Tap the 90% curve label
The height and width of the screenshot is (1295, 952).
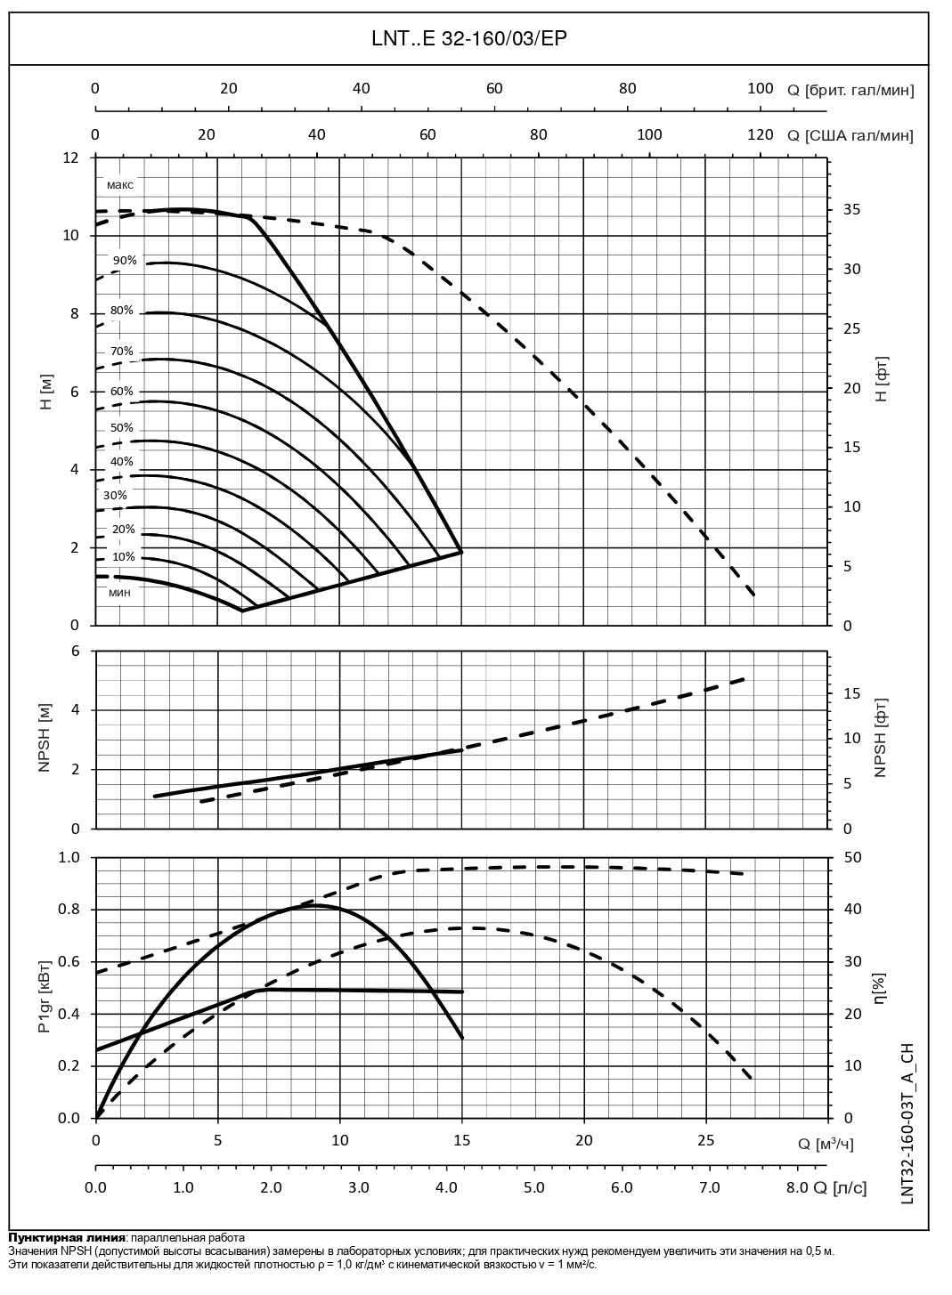pyautogui.click(x=125, y=261)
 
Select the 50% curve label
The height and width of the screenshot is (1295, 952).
pyautogui.click(x=121, y=428)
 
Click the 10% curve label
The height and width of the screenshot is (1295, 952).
pyautogui.click(x=123, y=557)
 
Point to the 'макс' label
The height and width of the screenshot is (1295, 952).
pyautogui.click(x=119, y=185)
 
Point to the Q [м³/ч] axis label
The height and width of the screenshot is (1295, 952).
pyautogui.click(x=824, y=1144)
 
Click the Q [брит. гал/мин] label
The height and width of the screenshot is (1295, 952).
pyautogui.click(x=850, y=89)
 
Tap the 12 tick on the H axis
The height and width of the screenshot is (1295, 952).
pyautogui.click(x=70, y=158)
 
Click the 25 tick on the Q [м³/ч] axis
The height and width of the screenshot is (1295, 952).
pyautogui.click(x=705, y=1139)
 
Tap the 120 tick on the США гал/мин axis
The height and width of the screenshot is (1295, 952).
pyautogui.click(x=760, y=134)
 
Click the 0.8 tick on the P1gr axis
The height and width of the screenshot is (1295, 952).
pyautogui.click(x=69, y=910)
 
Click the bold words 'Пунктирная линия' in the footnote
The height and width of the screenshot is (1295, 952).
pyautogui.click(x=67, y=1237)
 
